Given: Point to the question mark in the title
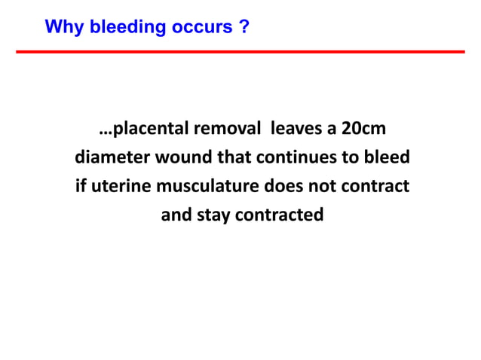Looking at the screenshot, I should [244, 28].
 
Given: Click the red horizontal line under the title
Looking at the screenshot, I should [240, 52].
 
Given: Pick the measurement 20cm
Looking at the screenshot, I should [363, 129].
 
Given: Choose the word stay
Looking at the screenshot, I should [214, 215].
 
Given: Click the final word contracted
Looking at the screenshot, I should [280, 215].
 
